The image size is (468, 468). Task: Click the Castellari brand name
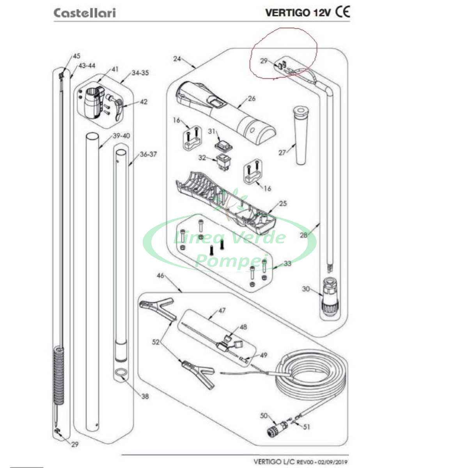pos(85,13)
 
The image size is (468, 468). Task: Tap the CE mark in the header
pos(342,12)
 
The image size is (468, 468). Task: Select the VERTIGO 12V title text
pos(298,12)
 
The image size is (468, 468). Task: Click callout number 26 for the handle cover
pos(252,98)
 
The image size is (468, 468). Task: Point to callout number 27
pos(282,153)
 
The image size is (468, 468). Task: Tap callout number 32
pos(202,158)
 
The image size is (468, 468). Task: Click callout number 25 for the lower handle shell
pos(283,204)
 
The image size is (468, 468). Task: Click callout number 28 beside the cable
pos(304,235)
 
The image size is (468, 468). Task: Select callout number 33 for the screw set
pos(287,264)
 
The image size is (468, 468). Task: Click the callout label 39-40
pos(121,136)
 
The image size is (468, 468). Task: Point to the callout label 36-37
pos(148,154)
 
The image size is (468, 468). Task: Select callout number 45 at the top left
pos(76,57)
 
